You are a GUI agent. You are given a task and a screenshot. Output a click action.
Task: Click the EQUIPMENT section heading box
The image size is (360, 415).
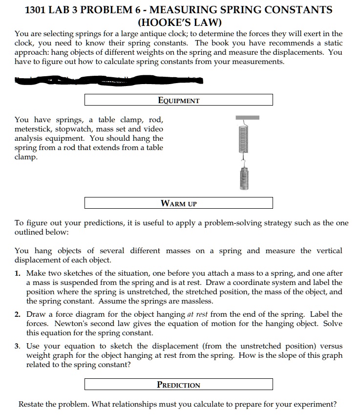point(179,100)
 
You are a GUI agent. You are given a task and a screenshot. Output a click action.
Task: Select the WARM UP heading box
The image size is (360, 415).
point(179,203)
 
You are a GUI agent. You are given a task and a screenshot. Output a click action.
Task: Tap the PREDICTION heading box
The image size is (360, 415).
point(179,384)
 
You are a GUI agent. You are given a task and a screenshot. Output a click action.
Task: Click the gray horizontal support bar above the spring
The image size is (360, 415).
point(247,117)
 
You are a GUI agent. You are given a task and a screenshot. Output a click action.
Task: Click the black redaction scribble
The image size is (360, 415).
point(112,80)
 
